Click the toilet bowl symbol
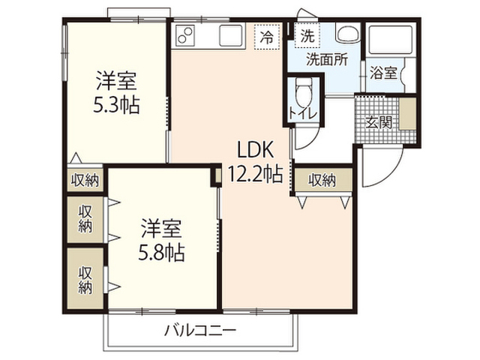[304, 91]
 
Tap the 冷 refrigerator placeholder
[267, 37]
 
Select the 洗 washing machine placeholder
[307, 36]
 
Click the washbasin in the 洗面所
[348, 33]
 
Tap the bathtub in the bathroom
[391, 40]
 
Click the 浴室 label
[383, 73]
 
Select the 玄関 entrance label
[378, 123]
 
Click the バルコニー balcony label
[200, 330]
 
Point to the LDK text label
[255, 150]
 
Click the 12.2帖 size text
[255, 174]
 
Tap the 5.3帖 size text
[116, 105]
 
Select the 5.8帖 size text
[161, 253]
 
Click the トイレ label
[303, 114]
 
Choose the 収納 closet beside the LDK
[322, 180]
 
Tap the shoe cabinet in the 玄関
[407, 113]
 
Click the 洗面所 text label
[327, 59]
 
